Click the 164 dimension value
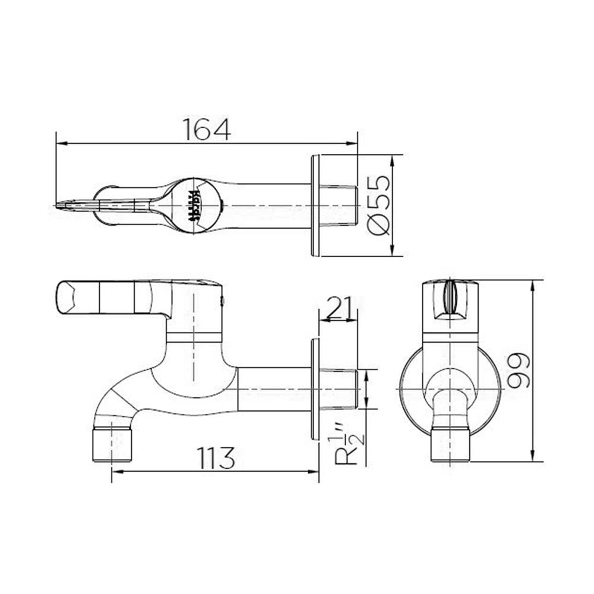click(206, 129)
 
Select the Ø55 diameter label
click(378, 205)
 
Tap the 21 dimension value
click(337, 308)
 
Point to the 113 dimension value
click(216, 457)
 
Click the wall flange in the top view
click(315, 206)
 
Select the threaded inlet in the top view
click(338, 206)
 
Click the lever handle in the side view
click(107, 297)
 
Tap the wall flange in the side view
click(315, 389)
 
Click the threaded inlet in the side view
click(338, 389)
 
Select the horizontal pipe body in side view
click(273, 389)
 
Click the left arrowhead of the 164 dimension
click(59, 143)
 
